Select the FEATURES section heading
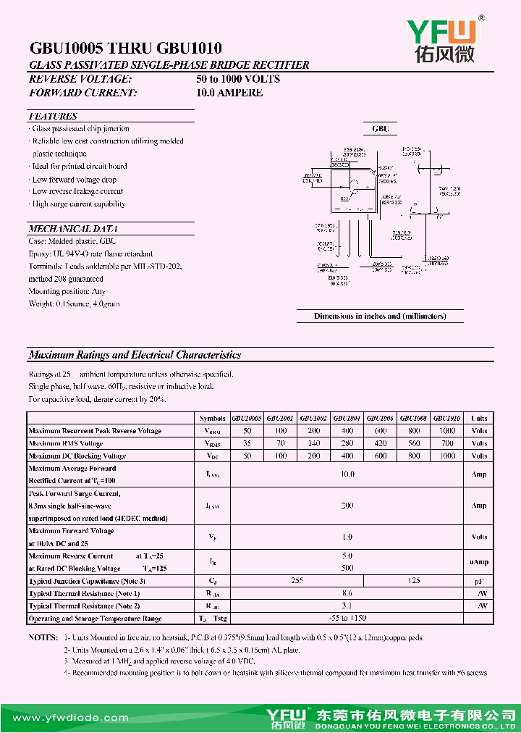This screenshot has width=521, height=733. (x=53, y=117)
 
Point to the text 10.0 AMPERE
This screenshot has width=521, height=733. (x=229, y=93)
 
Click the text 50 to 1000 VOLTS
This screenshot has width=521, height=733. (x=238, y=79)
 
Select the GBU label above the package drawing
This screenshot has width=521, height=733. (x=381, y=129)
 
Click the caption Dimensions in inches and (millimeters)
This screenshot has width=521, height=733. (x=380, y=316)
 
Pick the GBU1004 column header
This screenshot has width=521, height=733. (x=347, y=419)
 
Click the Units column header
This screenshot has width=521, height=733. (x=479, y=419)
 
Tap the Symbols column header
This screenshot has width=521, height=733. (x=212, y=419)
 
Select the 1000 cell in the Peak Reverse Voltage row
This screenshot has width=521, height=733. (x=448, y=431)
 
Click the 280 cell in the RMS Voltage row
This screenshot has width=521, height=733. (x=347, y=443)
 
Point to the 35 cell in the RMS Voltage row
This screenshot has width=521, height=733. (x=247, y=443)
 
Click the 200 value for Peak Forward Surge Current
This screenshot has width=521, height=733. (x=347, y=506)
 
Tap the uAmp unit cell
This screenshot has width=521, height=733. (x=479, y=562)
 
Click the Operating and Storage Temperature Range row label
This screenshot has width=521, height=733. (x=95, y=619)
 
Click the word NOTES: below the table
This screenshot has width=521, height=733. (x=43, y=637)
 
